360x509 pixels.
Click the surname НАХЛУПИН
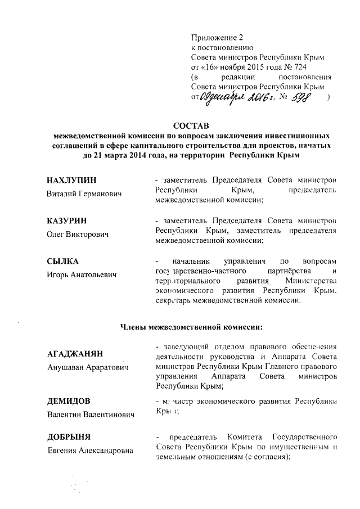(72, 180)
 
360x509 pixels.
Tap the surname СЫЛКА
(62, 261)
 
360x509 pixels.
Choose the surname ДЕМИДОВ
(69, 401)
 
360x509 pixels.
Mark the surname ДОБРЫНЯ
(69, 436)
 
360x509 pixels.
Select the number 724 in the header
(313, 67)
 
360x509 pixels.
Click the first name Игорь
(59, 275)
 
